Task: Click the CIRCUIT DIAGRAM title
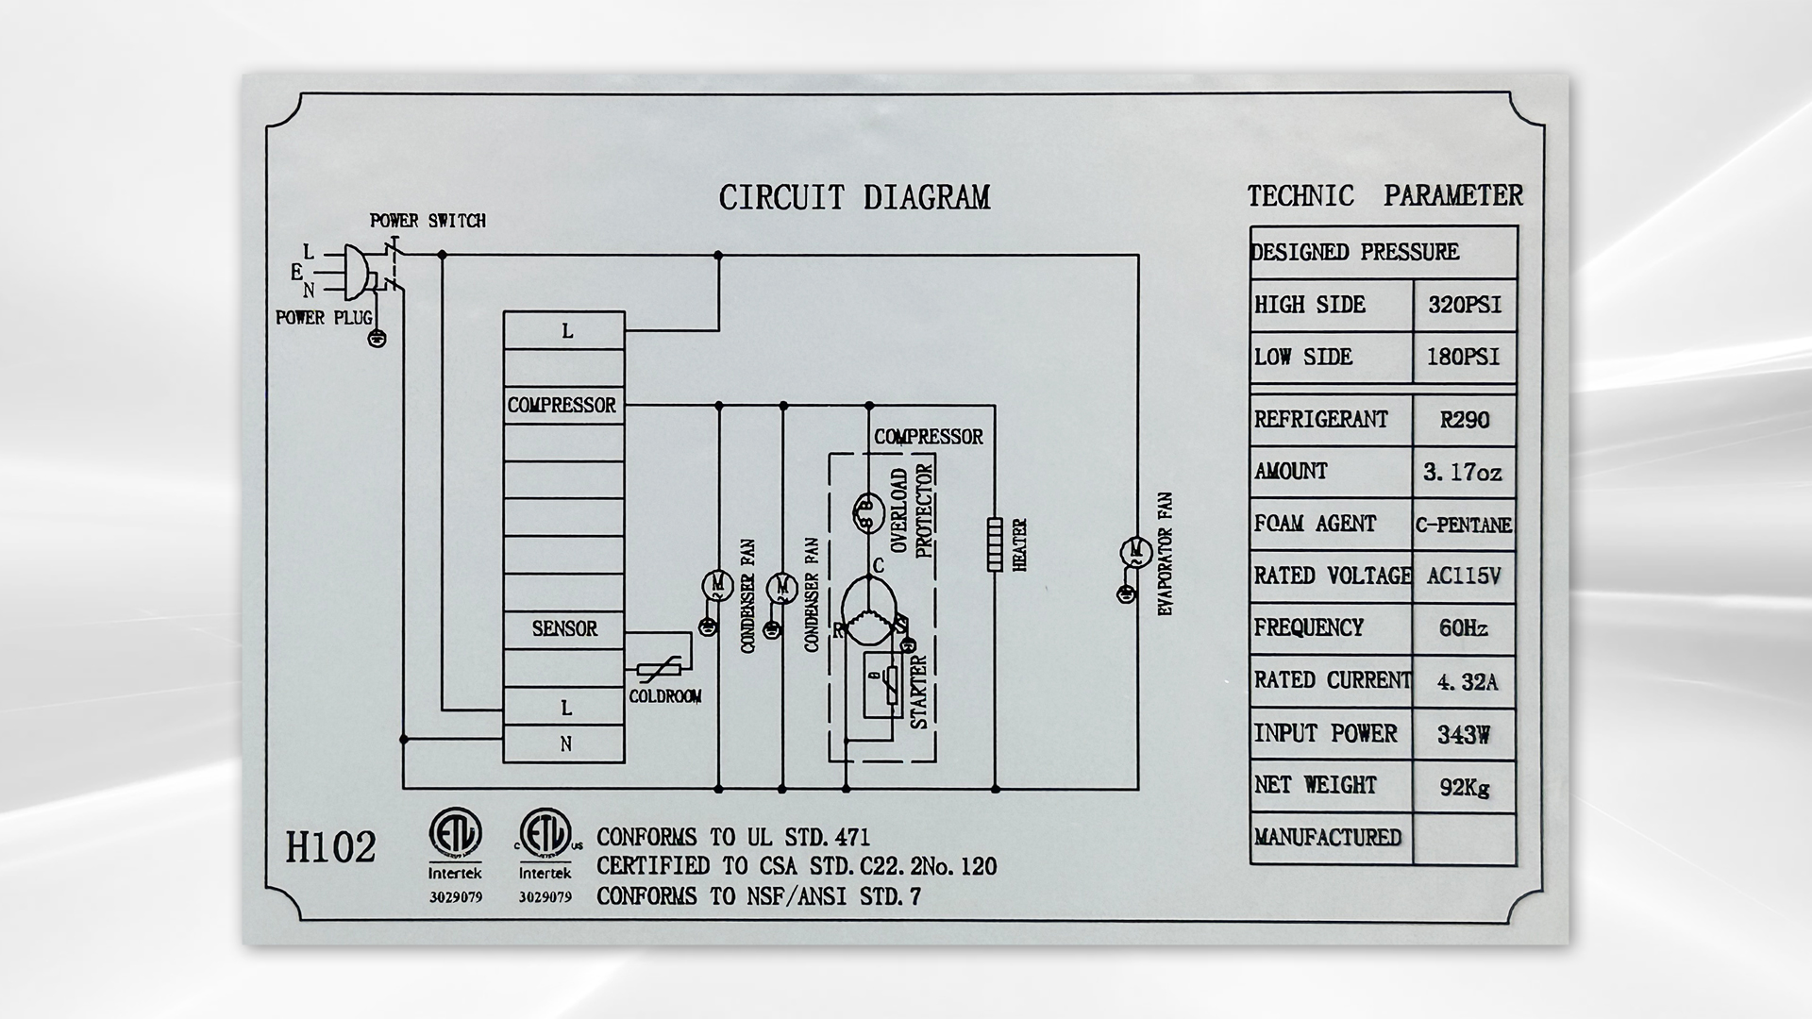(854, 197)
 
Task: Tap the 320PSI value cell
(1464, 306)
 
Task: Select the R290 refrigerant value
(1464, 420)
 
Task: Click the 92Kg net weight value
(1465, 787)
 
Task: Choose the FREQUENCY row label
(1308, 628)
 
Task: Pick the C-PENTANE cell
(1464, 526)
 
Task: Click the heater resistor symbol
(995, 544)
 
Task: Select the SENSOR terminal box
(563, 629)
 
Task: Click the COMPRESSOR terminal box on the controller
(563, 406)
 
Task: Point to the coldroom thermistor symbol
(653, 671)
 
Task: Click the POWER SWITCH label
(428, 221)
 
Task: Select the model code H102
(330, 847)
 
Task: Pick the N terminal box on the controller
(563, 744)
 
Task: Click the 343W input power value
(1464, 734)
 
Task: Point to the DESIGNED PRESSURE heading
(1354, 253)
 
